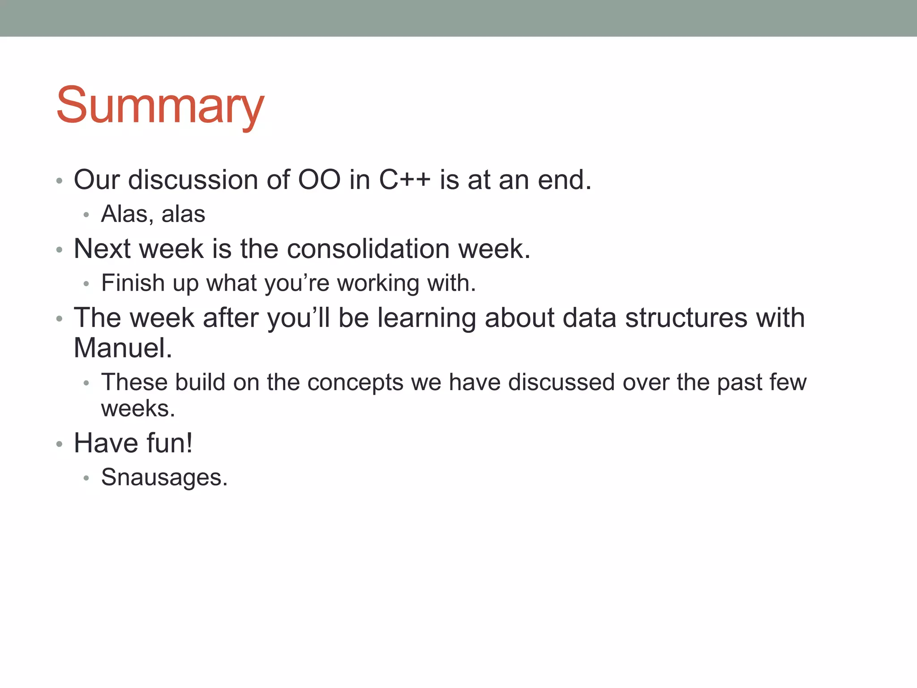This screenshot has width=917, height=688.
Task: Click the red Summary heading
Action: [160, 106]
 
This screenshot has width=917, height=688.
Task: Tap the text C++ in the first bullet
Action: [404, 180]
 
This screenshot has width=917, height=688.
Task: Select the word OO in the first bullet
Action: [319, 180]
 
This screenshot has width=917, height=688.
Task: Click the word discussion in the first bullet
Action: [193, 180]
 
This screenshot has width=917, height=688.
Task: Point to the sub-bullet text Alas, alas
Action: [153, 214]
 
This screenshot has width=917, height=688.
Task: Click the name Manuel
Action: [123, 348]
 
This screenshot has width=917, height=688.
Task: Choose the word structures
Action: [686, 318]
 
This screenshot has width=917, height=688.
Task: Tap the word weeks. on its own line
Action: [138, 409]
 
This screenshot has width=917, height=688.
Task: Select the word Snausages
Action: [164, 478]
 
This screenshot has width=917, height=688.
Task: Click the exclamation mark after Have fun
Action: [189, 443]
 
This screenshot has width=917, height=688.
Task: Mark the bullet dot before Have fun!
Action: [59, 444]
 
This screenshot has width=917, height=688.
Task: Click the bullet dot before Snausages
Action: [86, 478]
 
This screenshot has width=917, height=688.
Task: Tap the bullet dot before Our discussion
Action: [59, 181]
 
